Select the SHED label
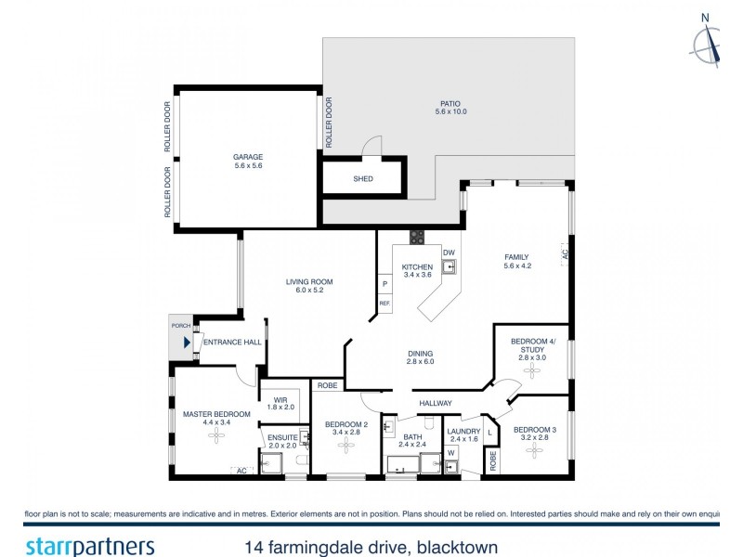coord(363,178)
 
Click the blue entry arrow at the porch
coord(187,343)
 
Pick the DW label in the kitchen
coord(449,253)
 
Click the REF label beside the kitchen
coord(384,303)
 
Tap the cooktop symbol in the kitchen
coord(417,237)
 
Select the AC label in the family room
coord(564,252)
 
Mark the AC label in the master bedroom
coord(242,471)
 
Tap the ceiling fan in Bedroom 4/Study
coord(532,370)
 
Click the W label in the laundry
coord(451,452)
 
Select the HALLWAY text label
coord(435,403)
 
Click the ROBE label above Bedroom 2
coord(327,384)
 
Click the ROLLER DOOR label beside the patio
coord(329,123)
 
